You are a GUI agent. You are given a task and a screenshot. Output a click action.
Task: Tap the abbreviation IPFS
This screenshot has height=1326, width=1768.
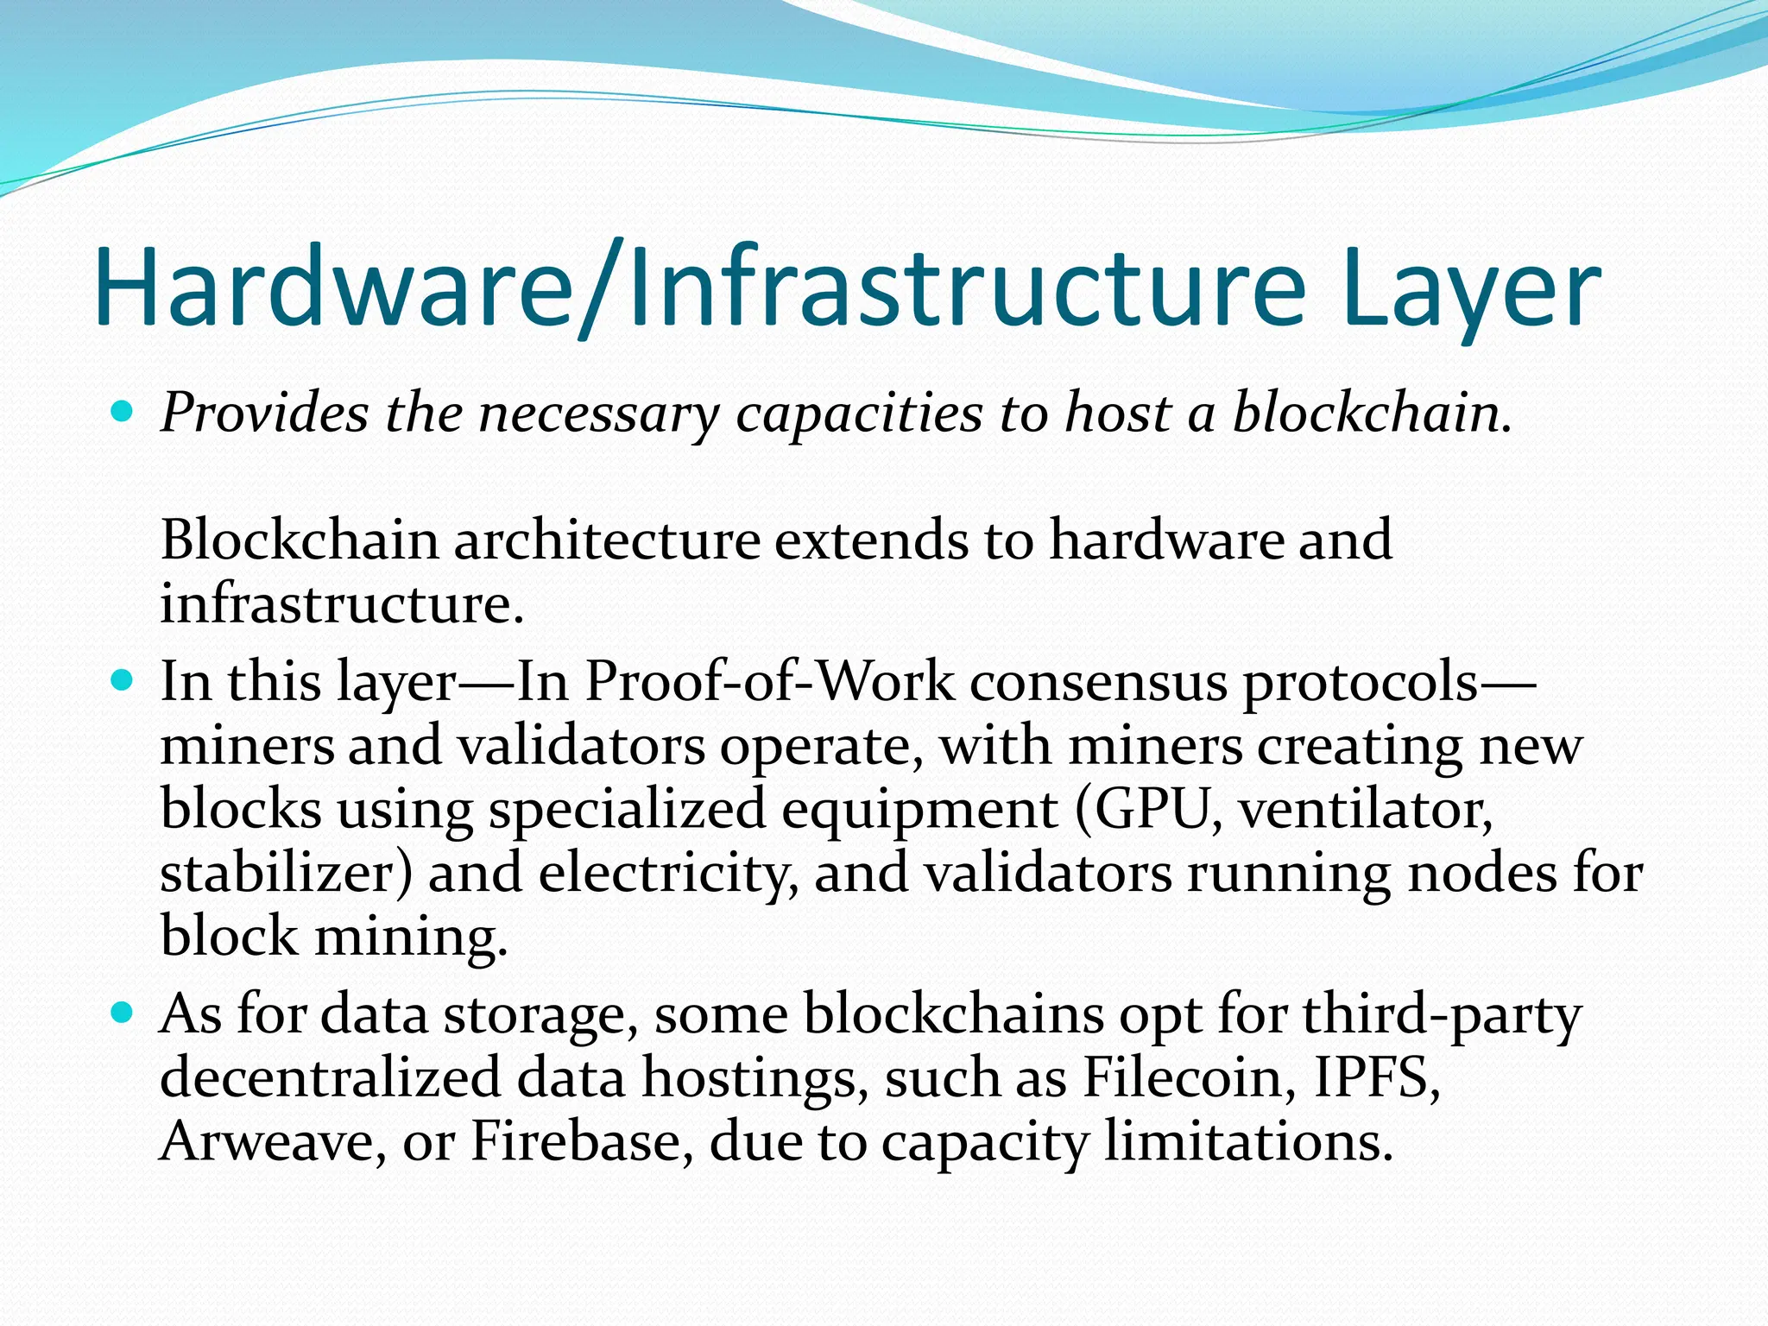pos(1377,1078)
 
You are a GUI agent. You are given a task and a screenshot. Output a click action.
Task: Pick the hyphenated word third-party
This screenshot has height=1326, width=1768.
pos(1442,1015)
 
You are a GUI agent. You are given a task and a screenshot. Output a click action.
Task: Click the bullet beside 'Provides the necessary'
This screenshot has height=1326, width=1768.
pos(123,412)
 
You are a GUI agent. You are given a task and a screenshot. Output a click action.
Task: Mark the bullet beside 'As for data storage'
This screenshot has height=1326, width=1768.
pos(123,1013)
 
